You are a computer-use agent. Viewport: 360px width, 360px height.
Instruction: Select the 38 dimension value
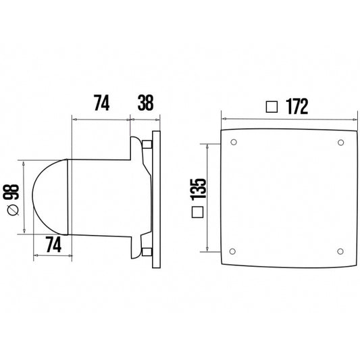pyautogui.click(x=144, y=105)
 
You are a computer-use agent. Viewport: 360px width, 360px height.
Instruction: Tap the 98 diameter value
pyautogui.click(x=10, y=192)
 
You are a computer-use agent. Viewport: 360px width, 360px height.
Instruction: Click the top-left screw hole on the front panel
pyautogui.click(x=234, y=143)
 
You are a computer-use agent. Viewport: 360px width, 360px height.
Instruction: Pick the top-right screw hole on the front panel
pyautogui.click(x=339, y=143)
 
